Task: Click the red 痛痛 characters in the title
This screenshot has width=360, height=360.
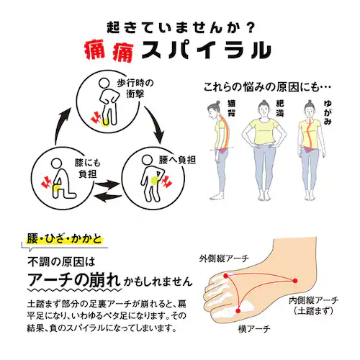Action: (109, 51)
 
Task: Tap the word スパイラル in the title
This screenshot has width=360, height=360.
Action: (207, 50)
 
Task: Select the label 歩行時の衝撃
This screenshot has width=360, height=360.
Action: (135, 89)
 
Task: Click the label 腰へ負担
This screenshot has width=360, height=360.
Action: (177, 160)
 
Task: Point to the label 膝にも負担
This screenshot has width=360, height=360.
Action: (88, 168)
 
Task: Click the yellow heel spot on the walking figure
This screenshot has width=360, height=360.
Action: (105, 122)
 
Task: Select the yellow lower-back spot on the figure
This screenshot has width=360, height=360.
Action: (155, 180)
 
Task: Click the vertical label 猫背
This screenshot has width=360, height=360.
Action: (231, 108)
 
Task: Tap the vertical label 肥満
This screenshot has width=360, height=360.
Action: (280, 108)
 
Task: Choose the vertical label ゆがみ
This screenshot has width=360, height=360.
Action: (328, 112)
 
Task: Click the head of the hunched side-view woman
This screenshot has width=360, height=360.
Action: (214, 109)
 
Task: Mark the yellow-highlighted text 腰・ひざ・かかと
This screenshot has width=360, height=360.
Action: (64, 239)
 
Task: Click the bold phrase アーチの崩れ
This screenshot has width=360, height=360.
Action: (74, 280)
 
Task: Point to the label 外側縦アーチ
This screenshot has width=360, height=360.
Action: (224, 258)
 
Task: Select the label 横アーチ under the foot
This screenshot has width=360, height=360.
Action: (254, 328)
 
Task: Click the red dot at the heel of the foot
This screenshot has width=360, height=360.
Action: (295, 281)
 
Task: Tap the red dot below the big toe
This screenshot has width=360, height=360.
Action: (238, 311)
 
